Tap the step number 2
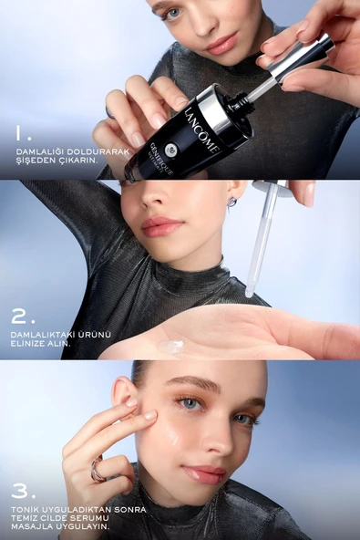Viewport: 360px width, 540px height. click(24, 317)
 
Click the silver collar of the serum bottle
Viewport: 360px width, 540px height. click(216, 108)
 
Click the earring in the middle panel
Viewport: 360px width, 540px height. click(232, 200)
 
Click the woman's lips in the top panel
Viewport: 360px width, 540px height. click(221, 43)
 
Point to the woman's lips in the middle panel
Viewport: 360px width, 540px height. click(163, 226)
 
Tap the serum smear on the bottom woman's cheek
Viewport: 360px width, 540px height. click(172, 435)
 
